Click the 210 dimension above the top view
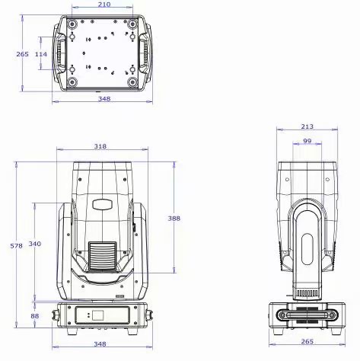point(104,5)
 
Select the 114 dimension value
point(41,54)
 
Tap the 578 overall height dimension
point(17,246)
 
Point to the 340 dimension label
point(34,244)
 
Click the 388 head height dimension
point(174,219)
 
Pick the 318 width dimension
point(100,146)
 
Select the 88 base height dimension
point(35,316)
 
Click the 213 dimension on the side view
point(307,126)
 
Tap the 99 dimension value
point(307,141)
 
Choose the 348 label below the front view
point(100,344)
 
